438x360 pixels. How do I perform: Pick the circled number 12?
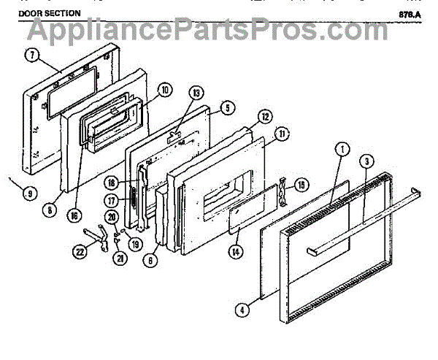pos(265,116)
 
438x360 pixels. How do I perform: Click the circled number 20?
pos(112,217)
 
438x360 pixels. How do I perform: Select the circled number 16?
pos(78,215)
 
